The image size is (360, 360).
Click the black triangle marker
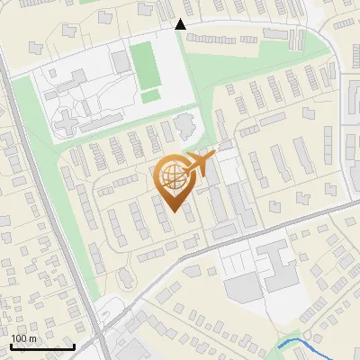point(181,24)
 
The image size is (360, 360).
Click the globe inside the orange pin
point(174,176)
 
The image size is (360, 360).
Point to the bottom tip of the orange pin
point(174,213)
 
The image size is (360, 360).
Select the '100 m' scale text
point(23,338)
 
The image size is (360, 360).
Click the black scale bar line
point(42,346)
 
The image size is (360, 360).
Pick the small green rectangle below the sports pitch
point(150,95)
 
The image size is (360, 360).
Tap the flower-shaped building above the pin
point(184,122)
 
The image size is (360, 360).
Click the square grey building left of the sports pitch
point(121,61)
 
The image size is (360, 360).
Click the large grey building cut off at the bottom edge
point(135,352)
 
